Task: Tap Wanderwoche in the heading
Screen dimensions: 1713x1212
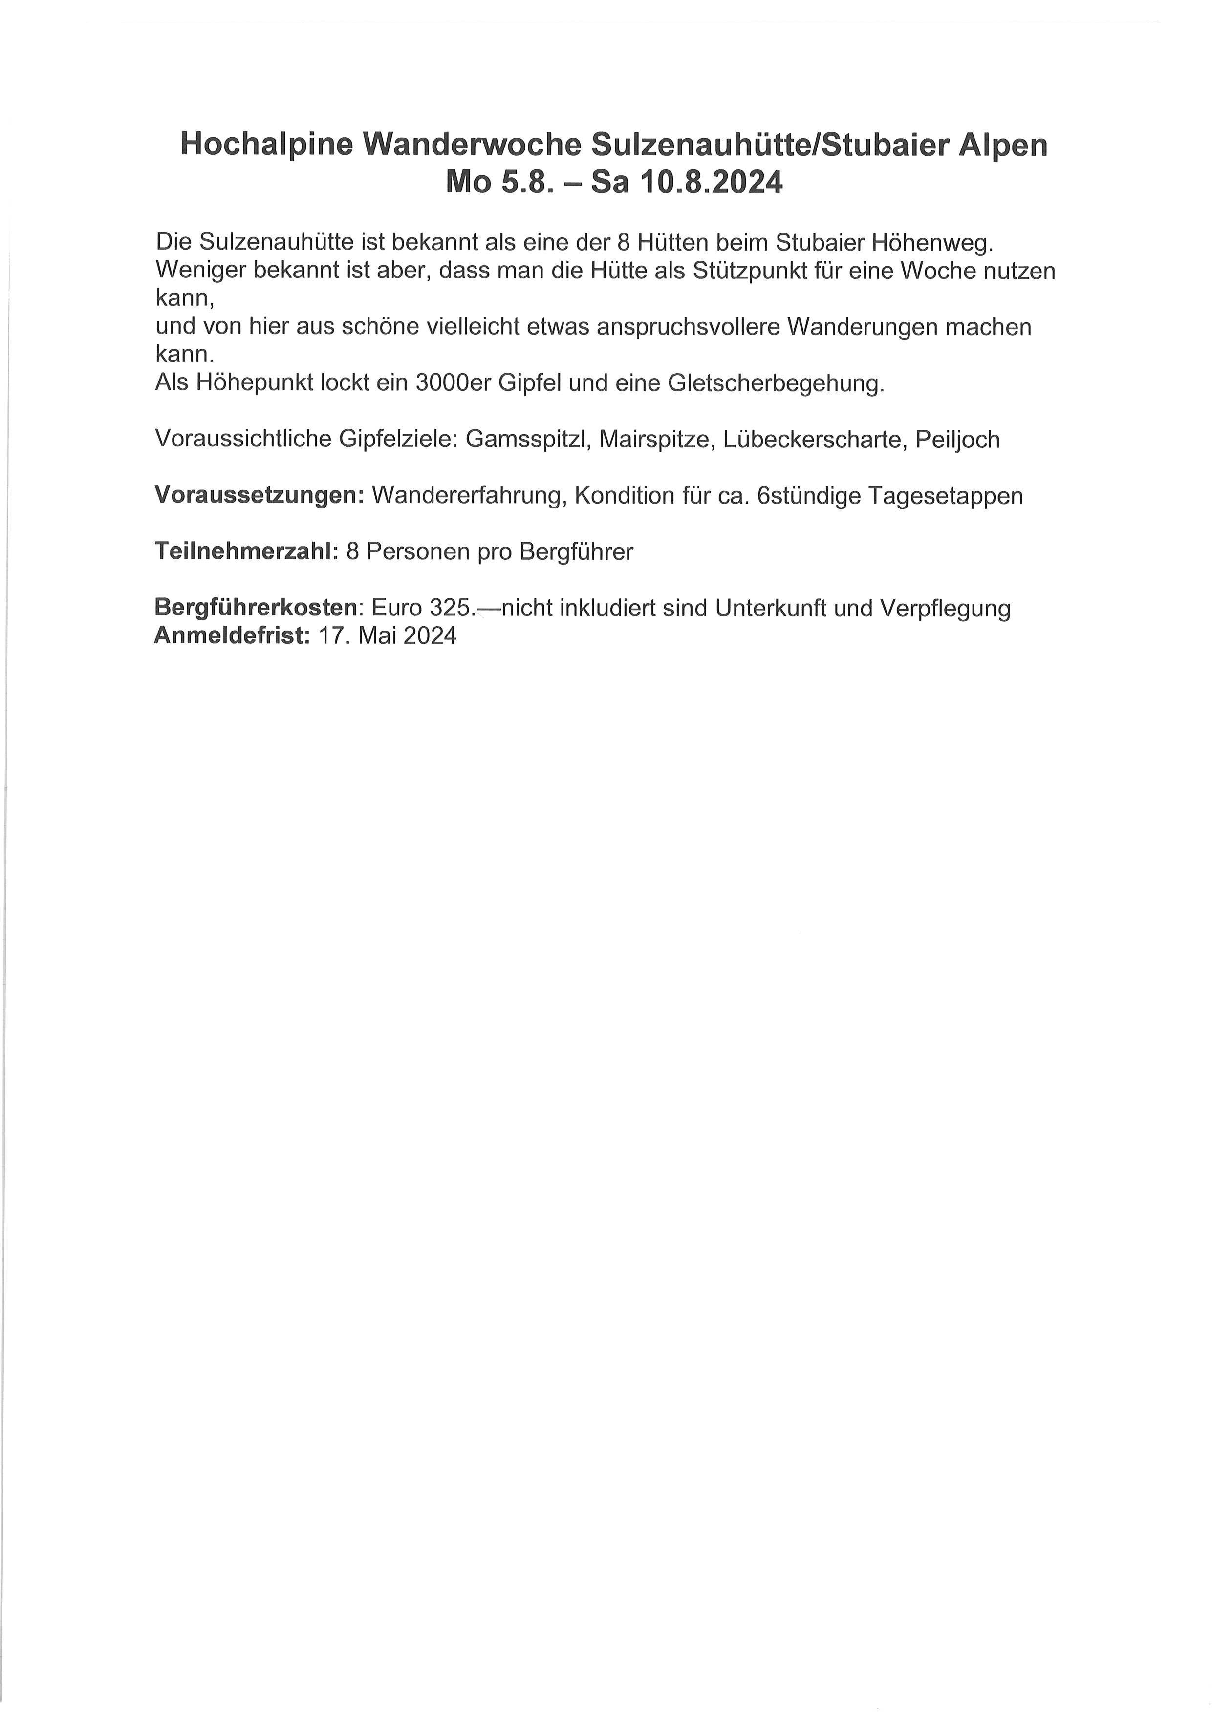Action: pyautogui.click(x=473, y=146)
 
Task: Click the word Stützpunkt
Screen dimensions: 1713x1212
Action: pyautogui.click(x=755, y=270)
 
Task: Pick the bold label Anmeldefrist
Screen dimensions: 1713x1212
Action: pyautogui.click(x=231, y=635)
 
